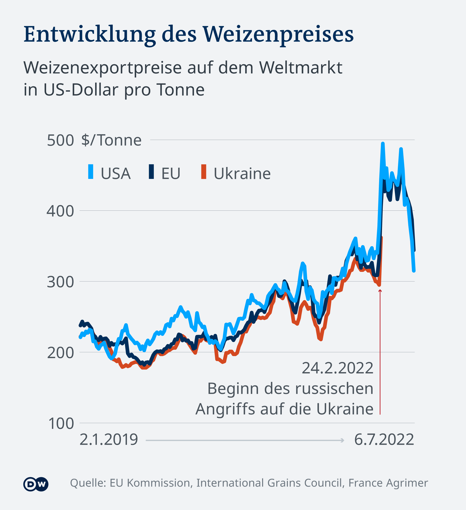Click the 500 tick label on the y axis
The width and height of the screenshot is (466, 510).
(60, 140)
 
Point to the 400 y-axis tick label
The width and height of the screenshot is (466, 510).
(60, 211)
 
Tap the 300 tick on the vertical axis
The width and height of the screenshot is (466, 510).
(60, 282)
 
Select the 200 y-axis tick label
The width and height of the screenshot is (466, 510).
(60, 353)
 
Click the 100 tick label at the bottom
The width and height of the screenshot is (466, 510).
(61, 424)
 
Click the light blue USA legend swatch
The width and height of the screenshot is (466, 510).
(91, 172)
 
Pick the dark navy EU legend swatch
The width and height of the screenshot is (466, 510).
(151, 172)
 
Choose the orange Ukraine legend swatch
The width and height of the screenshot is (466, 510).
(204, 172)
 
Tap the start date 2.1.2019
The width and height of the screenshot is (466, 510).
(108, 439)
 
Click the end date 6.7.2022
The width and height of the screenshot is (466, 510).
(384, 439)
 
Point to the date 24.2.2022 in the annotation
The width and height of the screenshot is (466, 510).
(337, 368)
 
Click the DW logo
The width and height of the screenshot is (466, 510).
(36, 484)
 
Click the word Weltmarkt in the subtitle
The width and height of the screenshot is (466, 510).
(301, 67)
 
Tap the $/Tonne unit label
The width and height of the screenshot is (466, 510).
(111, 140)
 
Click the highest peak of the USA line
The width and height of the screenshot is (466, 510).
(383, 143)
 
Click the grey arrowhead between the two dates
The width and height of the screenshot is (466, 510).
(342, 440)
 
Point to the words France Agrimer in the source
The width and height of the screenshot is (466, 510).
(388, 483)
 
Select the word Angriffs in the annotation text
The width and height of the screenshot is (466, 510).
(225, 409)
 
